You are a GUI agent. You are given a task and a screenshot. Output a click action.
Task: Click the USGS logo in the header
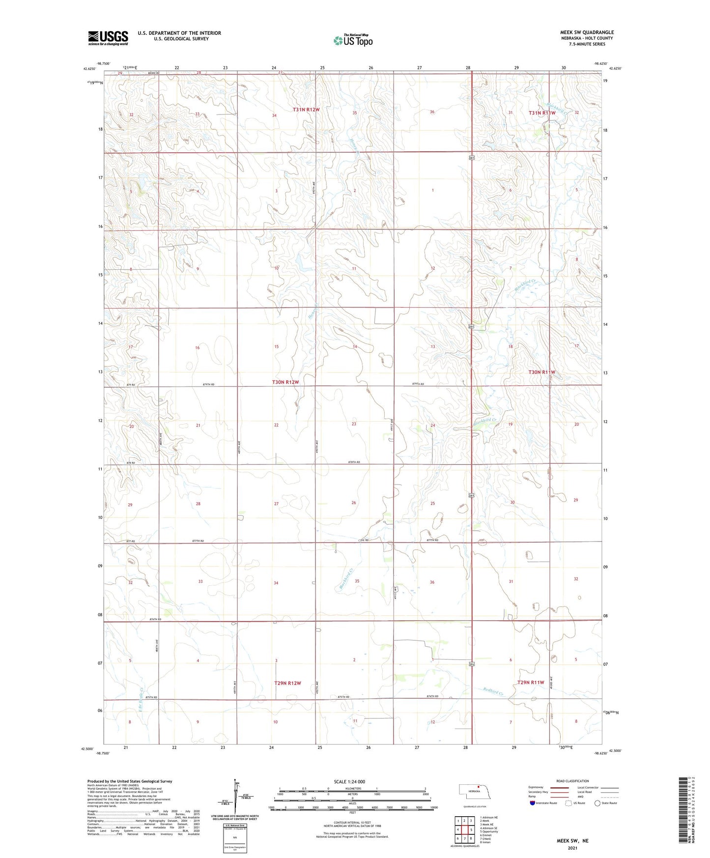(x=108, y=38)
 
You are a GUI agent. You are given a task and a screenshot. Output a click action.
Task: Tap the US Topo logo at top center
(x=353, y=40)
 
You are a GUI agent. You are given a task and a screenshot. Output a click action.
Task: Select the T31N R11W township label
(x=541, y=113)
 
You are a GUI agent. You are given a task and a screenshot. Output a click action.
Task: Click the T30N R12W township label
(x=285, y=382)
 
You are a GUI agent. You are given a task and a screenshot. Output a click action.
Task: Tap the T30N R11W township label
(x=541, y=372)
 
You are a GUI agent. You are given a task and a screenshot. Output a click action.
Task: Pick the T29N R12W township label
(x=287, y=683)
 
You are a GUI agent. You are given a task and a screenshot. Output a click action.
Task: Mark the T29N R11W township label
(x=531, y=683)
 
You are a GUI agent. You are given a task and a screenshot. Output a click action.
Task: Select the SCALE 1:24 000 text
(x=349, y=782)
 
